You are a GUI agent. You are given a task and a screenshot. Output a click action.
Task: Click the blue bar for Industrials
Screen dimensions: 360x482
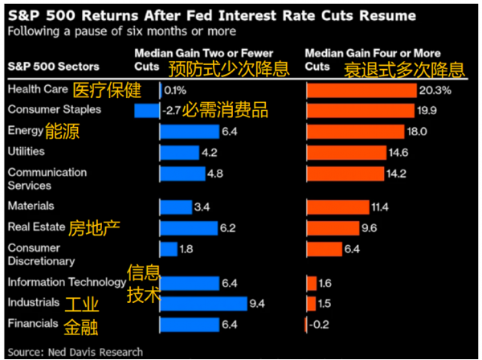[202, 303]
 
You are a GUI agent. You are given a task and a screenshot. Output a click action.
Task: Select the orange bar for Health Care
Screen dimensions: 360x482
[361, 90]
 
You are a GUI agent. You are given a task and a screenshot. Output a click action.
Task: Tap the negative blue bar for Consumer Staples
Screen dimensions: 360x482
[147, 110]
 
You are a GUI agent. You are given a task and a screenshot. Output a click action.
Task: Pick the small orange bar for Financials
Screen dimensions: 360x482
[306, 324]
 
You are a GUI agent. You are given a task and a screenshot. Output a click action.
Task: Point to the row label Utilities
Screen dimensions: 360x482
[27, 151]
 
